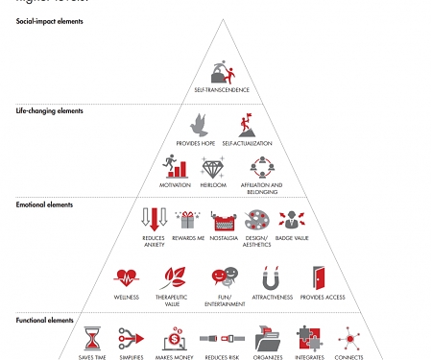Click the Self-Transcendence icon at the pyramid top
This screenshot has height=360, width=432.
(x=222, y=71)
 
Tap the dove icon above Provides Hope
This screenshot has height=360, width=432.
(x=199, y=125)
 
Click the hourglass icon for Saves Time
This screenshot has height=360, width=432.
(x=92, y=339)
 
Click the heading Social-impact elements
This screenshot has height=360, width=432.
(x=50, y=21)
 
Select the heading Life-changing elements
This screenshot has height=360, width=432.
(x=50, y=110)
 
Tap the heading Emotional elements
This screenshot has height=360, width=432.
(x=45, y=204)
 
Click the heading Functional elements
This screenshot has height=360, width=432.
(x=45, y=318)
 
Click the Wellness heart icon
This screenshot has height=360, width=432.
(x=126, y=279)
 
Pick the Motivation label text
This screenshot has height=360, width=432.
(x=175, y=185)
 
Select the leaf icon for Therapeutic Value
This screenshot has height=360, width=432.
(x=173, y=279)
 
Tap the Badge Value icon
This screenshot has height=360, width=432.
(x=292, y=219)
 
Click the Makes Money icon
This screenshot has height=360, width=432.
(x=176, y=339)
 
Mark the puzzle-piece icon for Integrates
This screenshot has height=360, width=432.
(x=310, y=339)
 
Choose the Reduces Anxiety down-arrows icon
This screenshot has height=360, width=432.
(x=154, y=220)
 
